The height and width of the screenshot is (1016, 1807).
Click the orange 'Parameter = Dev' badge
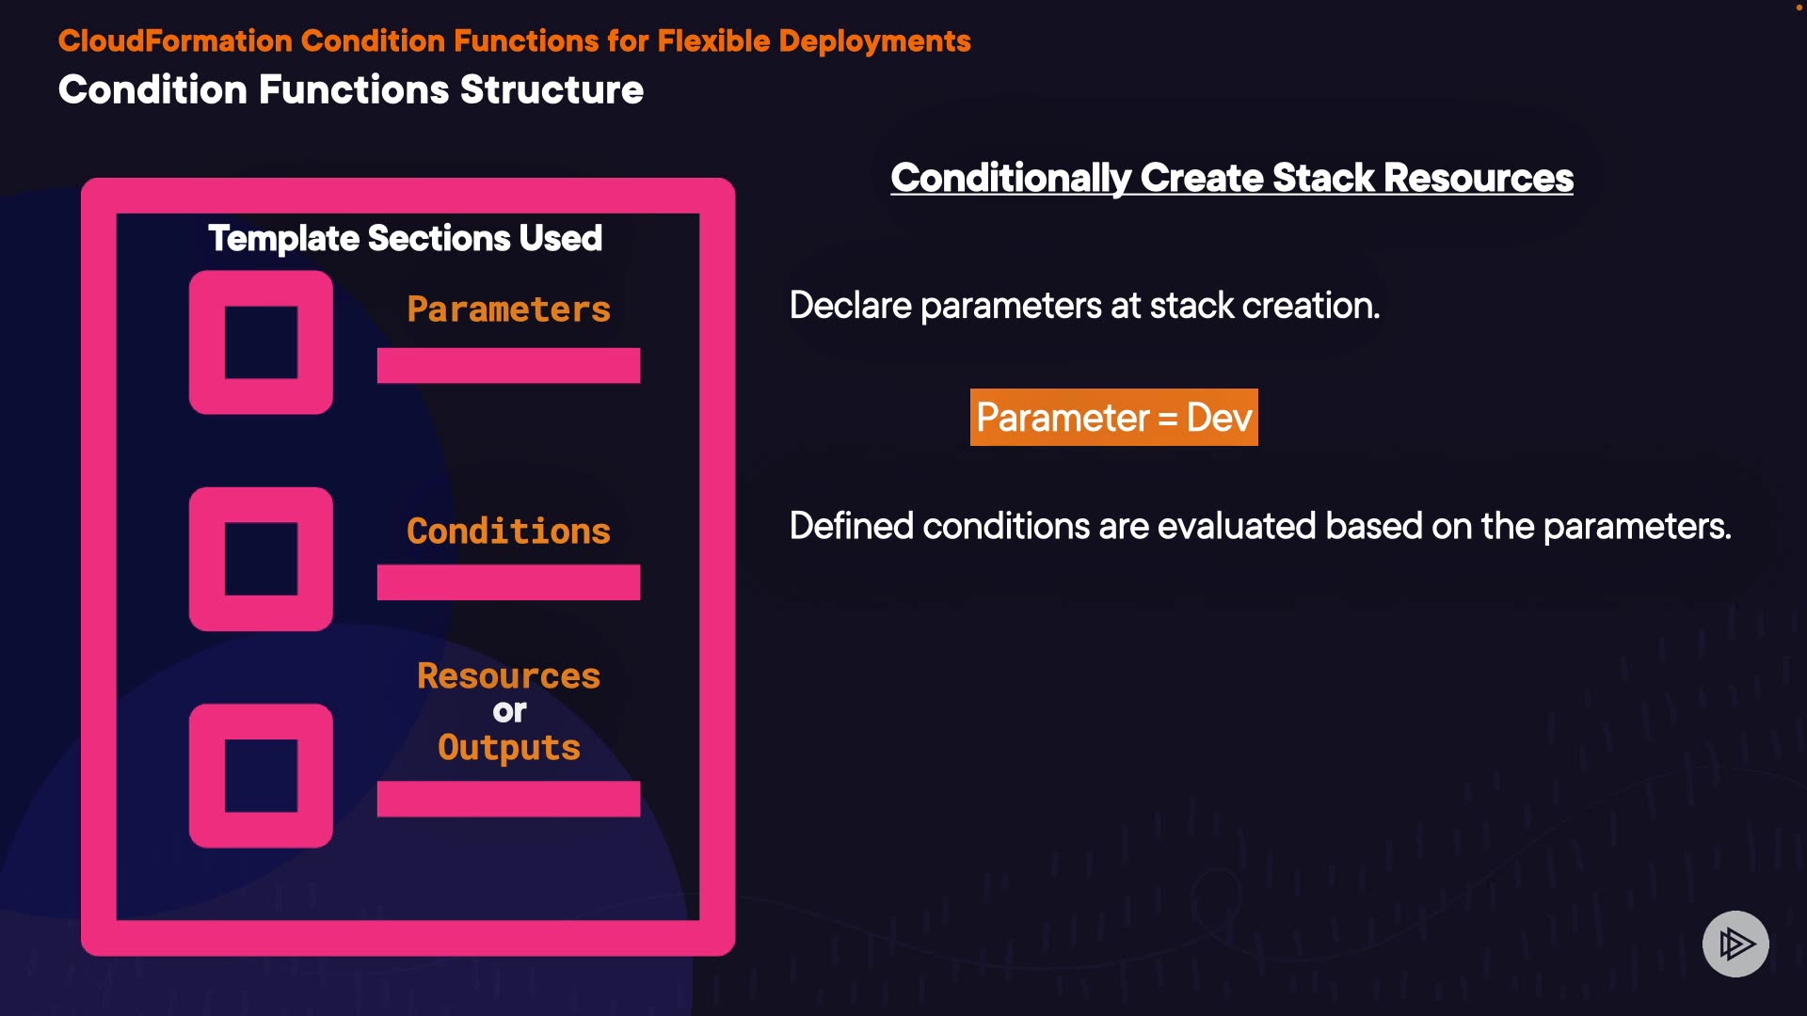click(1113, 418)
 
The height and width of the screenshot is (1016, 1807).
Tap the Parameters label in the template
click(508, 310)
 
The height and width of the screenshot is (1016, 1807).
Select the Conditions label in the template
click(508, 532)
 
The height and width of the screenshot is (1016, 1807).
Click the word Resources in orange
click(508, 676)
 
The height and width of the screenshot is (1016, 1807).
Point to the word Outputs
click(508, 748)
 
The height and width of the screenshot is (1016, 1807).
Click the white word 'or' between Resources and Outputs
click(509, 712)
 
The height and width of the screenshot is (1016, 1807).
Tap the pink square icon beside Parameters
click(261, 342)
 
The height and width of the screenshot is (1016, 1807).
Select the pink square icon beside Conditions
click(261, 559)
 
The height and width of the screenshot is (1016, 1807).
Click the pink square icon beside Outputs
click(261, 775)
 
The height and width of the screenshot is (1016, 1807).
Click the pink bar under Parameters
click(508, 366)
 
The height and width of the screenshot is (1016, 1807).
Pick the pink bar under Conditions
click(508, 582)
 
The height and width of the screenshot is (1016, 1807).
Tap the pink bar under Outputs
click(508, 799)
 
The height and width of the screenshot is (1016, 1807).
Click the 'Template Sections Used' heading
click(405, 239)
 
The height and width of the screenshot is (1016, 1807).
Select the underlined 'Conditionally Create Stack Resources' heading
click(1232, 178)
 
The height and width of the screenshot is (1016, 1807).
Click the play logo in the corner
click(1735, 944)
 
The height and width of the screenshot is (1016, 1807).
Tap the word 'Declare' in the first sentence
click(851, 306)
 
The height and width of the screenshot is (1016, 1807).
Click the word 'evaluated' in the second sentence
click(1236, 527)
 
